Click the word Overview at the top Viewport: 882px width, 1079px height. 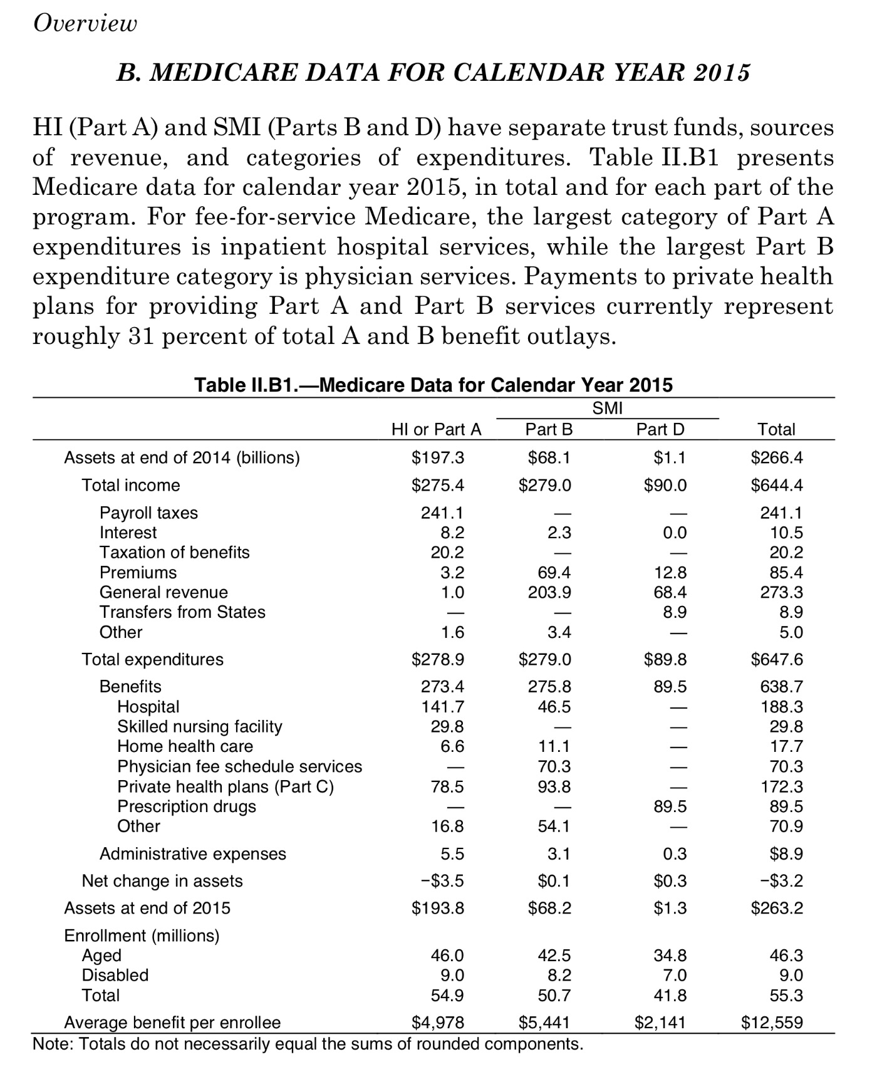click(x=85, y=23)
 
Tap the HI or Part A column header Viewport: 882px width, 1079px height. click(x=437, y=429)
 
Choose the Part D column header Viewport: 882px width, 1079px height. click(x=660, y=429)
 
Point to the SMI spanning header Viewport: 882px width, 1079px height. click(x=608, y=409)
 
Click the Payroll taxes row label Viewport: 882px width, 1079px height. click(x=148, y=513)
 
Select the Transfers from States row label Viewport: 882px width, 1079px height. click(x=182, y=612)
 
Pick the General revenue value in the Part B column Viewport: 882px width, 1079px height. click(x=549, y=592)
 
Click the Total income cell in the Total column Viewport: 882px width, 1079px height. click(x=777, y=485)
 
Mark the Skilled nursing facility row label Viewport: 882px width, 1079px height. click(x=199, y=726)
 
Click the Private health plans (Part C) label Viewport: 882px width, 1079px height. click(x=226, y=786)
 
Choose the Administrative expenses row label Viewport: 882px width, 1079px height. click(x=192, y=854)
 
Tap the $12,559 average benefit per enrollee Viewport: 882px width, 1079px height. click(x=772, y=1023)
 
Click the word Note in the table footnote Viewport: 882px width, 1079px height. click(x=51, y=1044)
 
